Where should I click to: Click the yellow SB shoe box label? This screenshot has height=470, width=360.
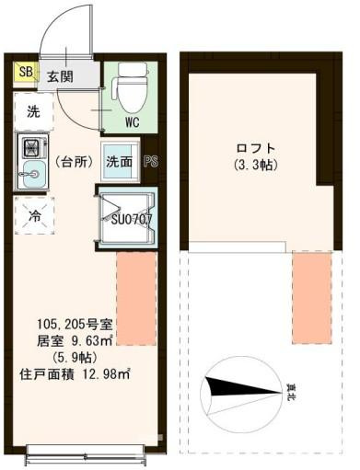(x=26, y=71)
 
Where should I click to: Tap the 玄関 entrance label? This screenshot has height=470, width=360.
(x=61, y=76)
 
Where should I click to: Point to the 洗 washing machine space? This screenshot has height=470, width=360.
(x=33, y=113)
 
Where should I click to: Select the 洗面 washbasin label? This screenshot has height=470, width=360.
(x=118, y=162)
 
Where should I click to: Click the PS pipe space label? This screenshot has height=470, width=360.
(x=152, y=163)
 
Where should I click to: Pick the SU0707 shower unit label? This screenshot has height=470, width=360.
(x=132, y=220)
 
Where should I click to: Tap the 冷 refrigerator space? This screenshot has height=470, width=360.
(x=33, y=218)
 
